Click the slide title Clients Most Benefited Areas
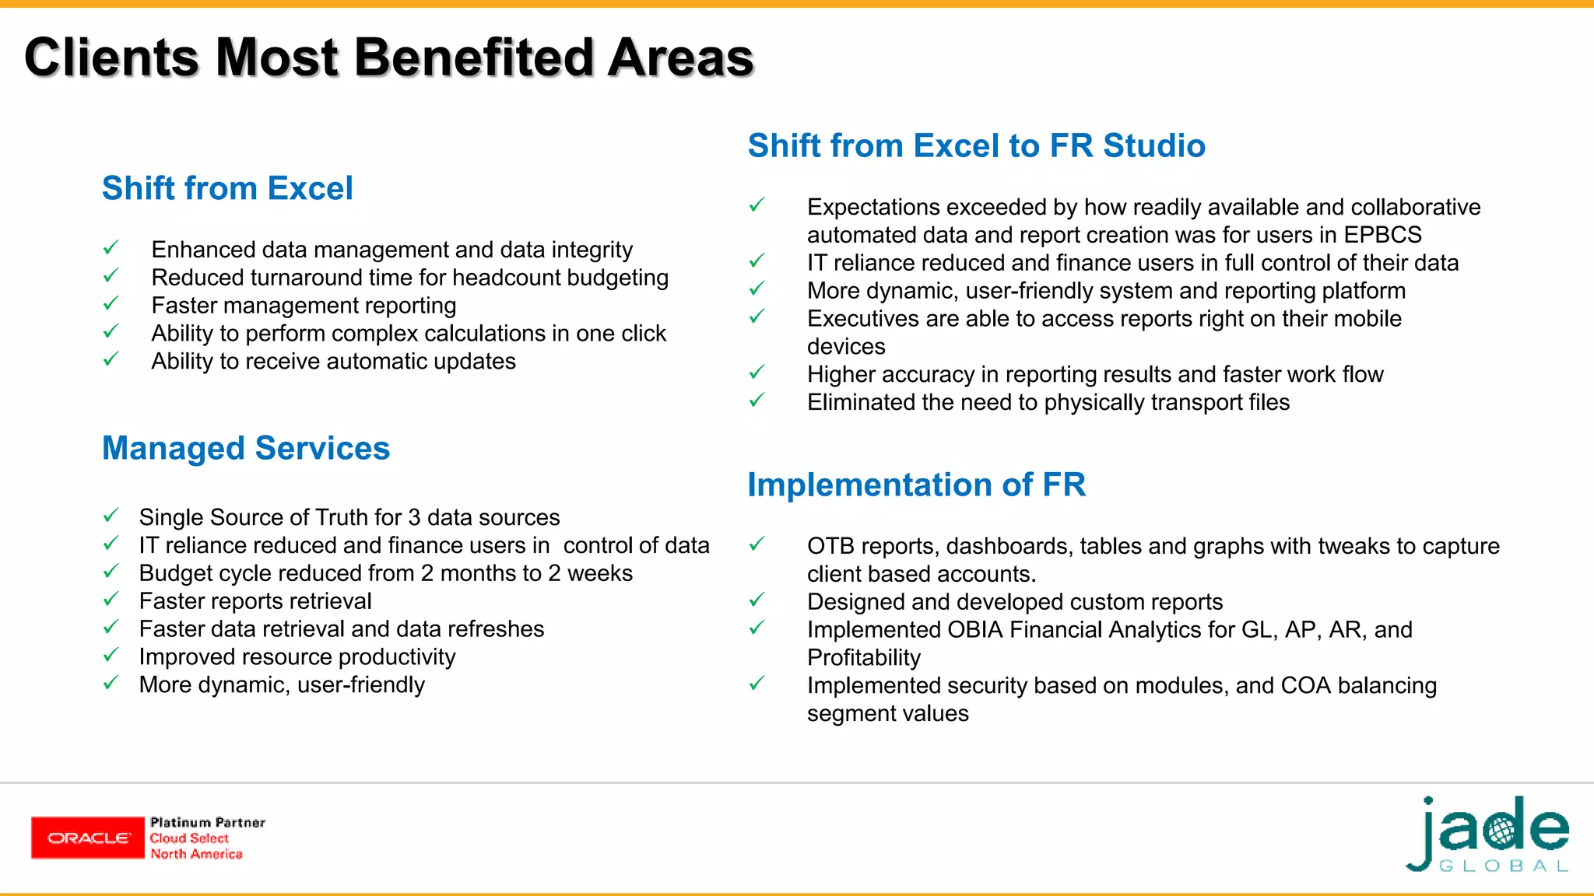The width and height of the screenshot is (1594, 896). [389, 58]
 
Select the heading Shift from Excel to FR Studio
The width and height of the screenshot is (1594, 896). [976, 146]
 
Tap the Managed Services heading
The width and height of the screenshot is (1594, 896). [246, 449]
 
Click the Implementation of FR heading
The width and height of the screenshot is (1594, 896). [916, 485]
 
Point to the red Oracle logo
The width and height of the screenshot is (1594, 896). [88, 838]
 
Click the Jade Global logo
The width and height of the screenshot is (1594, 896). [1488, 835]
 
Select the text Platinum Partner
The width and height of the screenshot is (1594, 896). [208, 822]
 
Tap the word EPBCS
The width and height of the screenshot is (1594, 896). [1382, 235]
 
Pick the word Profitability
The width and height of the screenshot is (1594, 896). [864, 658]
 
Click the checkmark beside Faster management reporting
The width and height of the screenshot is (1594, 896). [111, 303]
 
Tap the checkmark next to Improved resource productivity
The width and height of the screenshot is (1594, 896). [111, 655]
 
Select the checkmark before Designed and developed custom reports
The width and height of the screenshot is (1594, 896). [757, 600]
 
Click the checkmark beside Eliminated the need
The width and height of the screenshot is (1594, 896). [757, 401]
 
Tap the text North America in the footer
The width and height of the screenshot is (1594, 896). [196, 854]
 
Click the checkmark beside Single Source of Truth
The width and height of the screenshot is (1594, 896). [111, 516]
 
